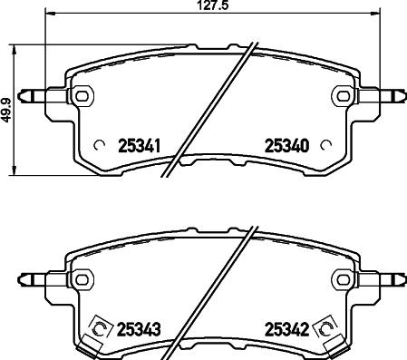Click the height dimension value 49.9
coord(7,103)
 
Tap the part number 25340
coord(287,144)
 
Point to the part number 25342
coord(287,329)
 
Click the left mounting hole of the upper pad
coord(82,93)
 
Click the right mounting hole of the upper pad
coord(344,93)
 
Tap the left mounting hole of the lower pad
coord(82,278)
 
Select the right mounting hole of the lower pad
coord(344,278)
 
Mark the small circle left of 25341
coord(101,143)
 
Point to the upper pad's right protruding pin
coord(393,93)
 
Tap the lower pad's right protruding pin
coord(393,278)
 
